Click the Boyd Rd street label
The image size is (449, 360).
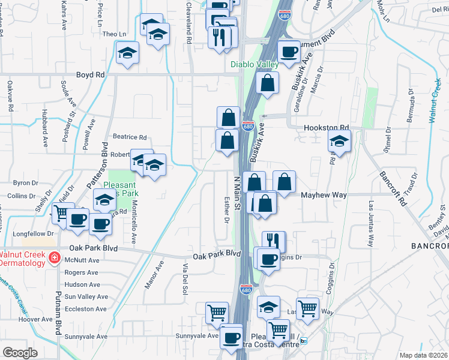pos(91,75)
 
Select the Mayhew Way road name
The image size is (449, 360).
pos(324,195)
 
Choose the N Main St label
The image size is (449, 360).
pos(237,192)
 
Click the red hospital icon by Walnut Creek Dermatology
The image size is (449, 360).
pos(54,257)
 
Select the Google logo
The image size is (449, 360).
pos(20,353)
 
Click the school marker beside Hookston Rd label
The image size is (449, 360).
pos(339,142)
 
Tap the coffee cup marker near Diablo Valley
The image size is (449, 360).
pos(289,52)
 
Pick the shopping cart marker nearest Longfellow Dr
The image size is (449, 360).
pos(62,213)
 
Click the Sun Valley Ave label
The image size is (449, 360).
pos(86,296)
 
